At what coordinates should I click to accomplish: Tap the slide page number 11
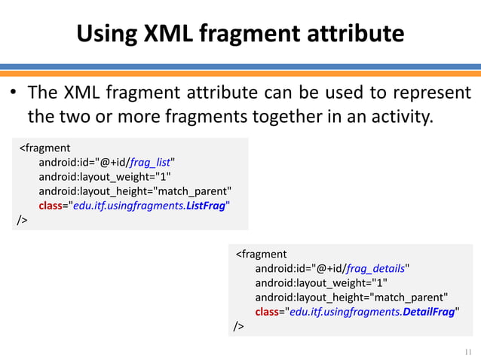coord(467,351)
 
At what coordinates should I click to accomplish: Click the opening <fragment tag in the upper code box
coord(44,148)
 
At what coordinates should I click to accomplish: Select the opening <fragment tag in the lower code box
coord(261,254)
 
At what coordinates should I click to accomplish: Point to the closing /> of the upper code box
coord(22,220)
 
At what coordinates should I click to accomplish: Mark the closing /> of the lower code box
coord(238,326)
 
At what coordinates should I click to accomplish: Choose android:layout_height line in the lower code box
coord(351,297)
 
